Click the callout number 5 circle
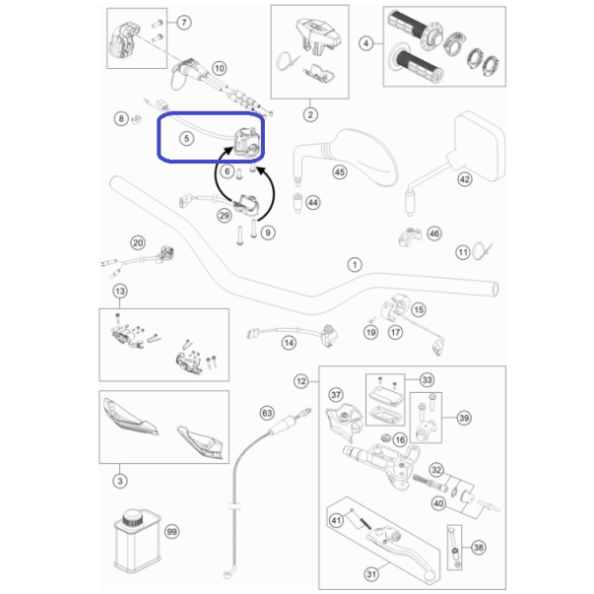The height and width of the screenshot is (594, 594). (x=186, y=139)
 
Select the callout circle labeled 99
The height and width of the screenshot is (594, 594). (x=172, y=532)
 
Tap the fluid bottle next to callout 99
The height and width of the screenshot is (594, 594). (x=136, y=541)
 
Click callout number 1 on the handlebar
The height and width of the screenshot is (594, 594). (x=355, y=264)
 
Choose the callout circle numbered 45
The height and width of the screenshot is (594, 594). (x=340, y=172)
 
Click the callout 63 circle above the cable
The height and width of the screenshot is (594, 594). (x=267, y=413)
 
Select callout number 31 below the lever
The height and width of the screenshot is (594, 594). (x=371, y=574)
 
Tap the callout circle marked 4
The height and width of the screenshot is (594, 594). (x=365, y=43)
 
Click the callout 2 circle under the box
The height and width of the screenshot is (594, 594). (x=310, y=114)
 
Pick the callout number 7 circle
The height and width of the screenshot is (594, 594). (x=184, y=23)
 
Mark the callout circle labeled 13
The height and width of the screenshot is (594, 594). (x=120, y=291)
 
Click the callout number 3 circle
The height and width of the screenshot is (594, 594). (x=120, y=481)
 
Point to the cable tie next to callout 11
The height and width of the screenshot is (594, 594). (x=482, y=251)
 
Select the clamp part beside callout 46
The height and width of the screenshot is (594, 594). (x=410, y=236)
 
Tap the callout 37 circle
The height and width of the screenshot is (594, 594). (x=336, y=395)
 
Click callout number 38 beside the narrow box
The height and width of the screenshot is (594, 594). (x=479, y=548)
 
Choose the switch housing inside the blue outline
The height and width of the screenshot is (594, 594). (x=247, y=142)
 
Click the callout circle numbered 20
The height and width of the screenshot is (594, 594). (x=138, y=243)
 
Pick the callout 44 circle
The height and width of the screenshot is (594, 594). (x=313, y=203)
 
